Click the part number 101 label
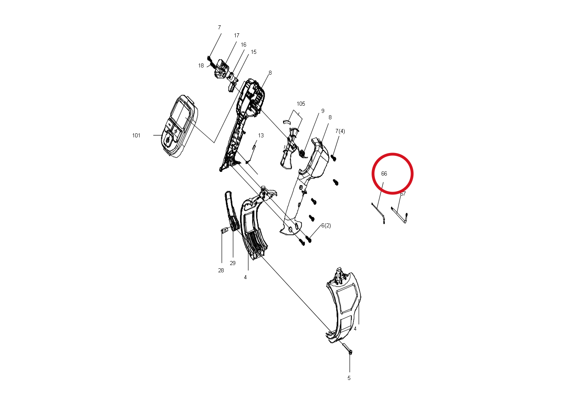click(136, 135)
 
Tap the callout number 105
click(301, 104)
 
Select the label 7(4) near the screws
click(340, 131)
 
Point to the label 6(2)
click(326, 225)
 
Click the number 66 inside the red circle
click(384, 173)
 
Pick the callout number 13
click(261, 135)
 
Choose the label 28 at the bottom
click(221, 270)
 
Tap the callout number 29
click(232, 263)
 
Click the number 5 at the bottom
click(349, 378)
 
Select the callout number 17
click(236, 35)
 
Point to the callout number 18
click(201, 65)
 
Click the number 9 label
click(323, 111)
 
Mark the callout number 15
click(254, 52)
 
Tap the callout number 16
click(243, 45)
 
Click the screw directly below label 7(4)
click(334, 158)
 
